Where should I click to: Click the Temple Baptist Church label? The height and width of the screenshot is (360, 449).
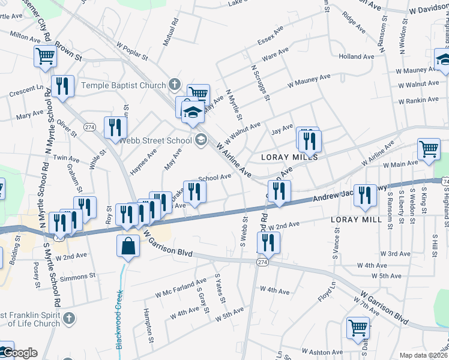123,85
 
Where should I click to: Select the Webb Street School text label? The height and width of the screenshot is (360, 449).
154,141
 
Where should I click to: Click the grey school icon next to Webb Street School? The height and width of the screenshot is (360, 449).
200,141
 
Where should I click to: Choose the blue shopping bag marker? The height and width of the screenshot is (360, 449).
129,247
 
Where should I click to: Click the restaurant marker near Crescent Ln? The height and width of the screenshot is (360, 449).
62,86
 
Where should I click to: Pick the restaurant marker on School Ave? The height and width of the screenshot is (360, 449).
194,191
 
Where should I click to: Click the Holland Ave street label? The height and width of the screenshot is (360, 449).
355,56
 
